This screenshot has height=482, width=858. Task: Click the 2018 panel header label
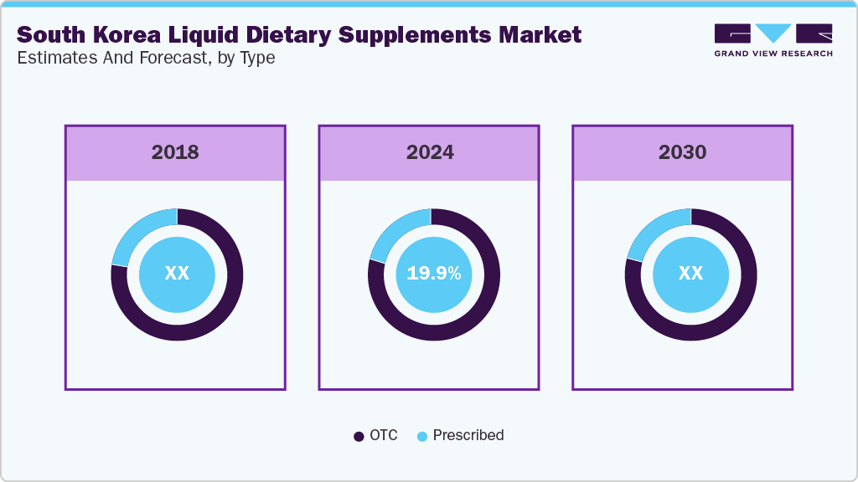175,152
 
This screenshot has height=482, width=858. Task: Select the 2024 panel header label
430,152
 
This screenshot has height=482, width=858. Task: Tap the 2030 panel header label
682,152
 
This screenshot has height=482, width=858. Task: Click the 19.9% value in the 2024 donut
433,274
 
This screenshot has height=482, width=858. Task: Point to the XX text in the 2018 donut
177,274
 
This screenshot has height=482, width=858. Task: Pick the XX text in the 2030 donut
690,274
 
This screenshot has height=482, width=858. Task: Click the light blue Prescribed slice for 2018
137,233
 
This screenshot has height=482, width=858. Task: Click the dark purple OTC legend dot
359,436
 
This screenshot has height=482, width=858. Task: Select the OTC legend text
384,435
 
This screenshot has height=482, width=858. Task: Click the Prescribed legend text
468,435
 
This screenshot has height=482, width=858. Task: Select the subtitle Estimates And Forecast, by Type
146,59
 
